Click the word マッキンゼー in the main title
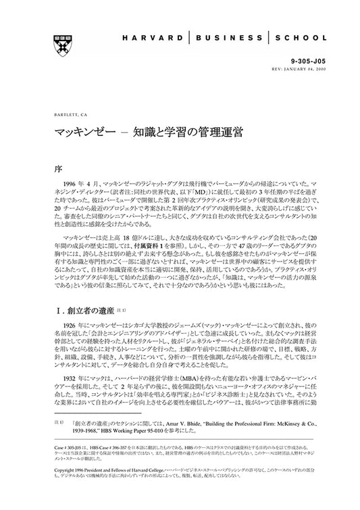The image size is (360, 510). pyautogui.click(x=80, y=131)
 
